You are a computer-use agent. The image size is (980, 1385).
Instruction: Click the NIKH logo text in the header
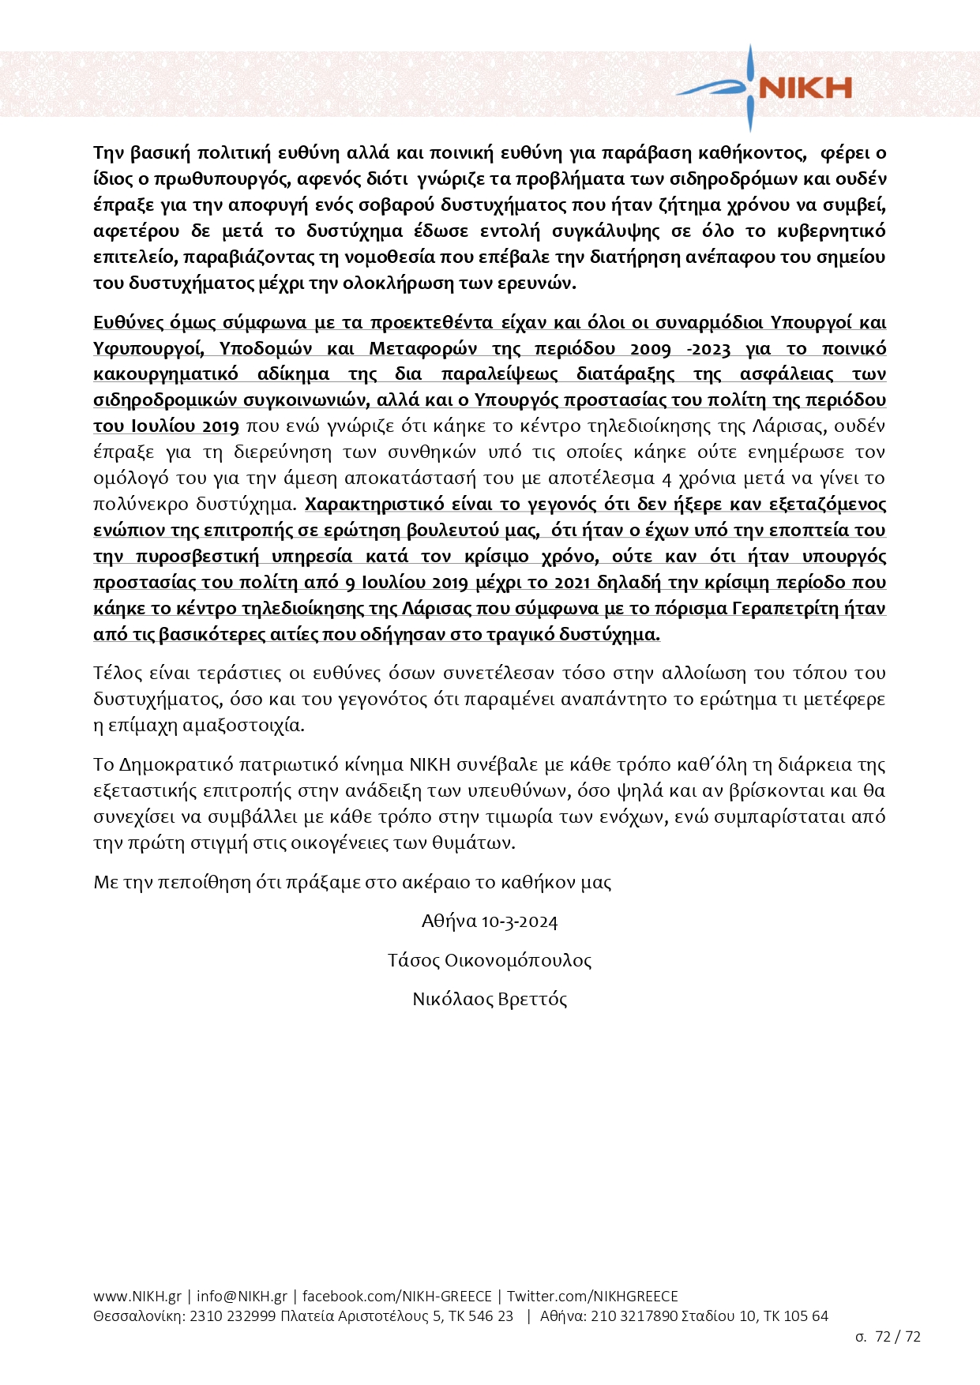[805, 88]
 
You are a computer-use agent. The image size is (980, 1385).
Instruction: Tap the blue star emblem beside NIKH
[749, 87]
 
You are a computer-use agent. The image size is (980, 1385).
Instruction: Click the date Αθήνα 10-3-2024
[490, 921]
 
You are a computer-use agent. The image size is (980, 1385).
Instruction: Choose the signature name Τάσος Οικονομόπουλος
[490, 961]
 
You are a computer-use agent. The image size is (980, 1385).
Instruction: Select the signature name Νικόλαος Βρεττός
[490, 1000]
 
